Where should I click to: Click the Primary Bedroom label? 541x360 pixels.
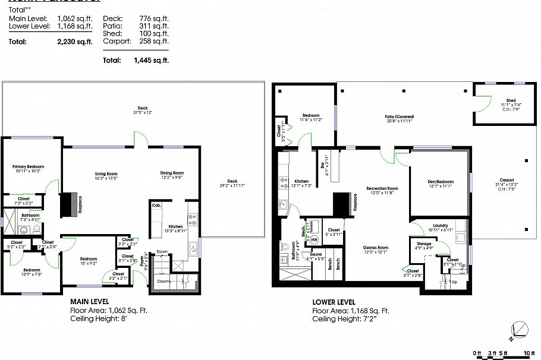[29, 167]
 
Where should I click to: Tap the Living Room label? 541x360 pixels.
[106, 173]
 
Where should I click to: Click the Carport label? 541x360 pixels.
[507, 179]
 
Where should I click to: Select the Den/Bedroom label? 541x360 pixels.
[439, 182]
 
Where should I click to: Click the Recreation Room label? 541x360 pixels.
[382, 188]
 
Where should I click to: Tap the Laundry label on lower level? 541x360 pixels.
[441, 225]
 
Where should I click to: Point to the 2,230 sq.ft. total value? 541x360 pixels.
[75, 42]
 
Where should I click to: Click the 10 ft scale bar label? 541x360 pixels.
[528, 353]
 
